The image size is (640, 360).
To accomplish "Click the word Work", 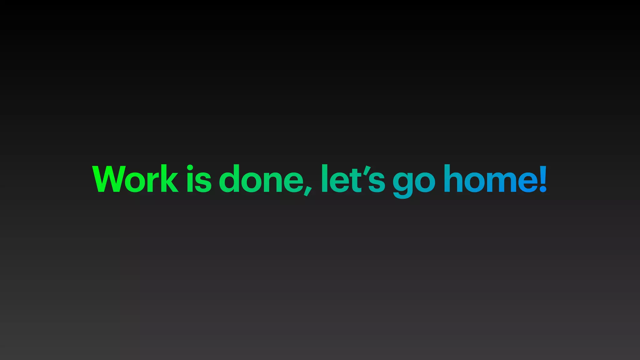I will (135, 179).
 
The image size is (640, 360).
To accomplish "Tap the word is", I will (199, 179).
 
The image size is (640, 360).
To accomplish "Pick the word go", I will (414, 181).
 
